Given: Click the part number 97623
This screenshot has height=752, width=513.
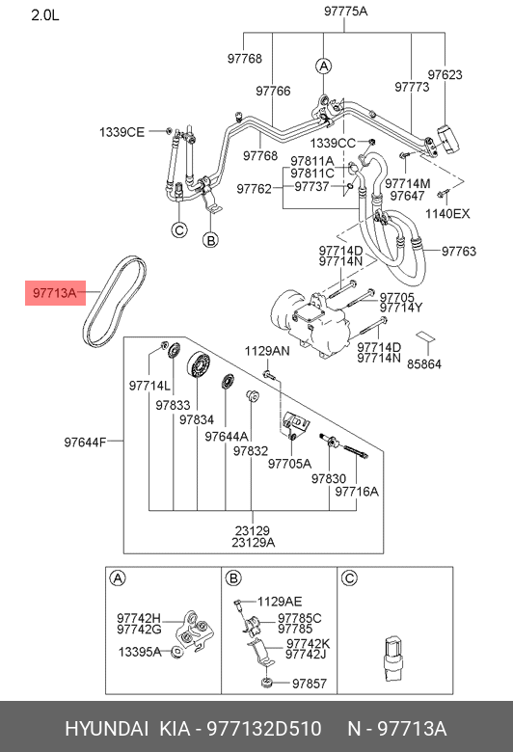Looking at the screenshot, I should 445,74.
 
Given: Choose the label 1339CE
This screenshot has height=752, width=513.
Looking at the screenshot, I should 121,131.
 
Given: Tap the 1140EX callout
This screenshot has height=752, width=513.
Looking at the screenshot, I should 448,213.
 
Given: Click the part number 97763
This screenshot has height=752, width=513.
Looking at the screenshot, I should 459,251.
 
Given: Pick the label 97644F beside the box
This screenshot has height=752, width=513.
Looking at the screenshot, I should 86,443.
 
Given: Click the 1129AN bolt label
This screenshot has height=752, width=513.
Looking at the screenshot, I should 267,352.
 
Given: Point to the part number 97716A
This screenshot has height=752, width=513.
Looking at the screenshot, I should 357,491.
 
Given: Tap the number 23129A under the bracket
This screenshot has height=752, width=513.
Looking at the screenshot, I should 252,542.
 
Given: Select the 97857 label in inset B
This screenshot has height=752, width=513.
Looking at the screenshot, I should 310,684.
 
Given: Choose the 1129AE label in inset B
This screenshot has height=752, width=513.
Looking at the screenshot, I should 281,600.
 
